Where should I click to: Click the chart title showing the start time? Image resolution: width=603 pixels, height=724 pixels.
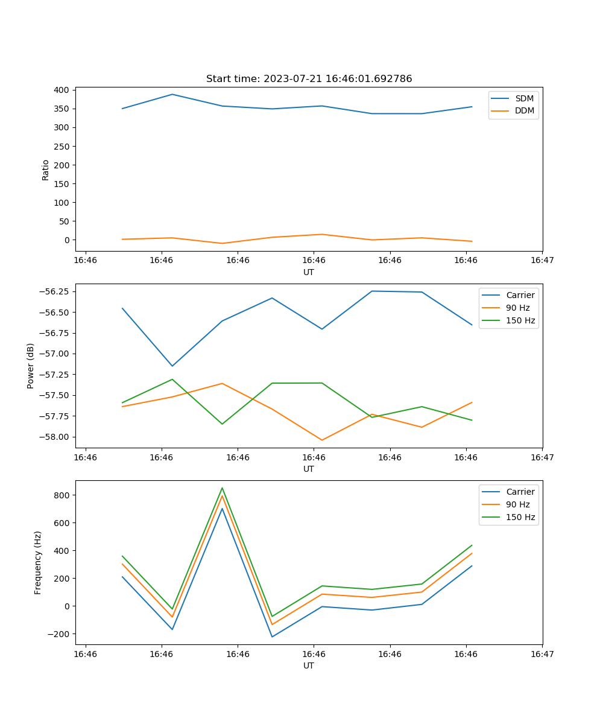309,79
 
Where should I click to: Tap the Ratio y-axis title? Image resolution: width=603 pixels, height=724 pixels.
46,170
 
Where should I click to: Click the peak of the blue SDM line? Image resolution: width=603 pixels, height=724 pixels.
172,94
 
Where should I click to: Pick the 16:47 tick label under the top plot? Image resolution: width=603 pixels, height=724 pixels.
541,260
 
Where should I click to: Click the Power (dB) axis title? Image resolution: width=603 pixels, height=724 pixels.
31,366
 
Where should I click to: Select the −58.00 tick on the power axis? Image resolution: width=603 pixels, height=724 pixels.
54,437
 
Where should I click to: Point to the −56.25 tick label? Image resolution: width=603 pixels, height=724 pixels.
54,291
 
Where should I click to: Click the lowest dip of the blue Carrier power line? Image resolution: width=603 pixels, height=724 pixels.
172,366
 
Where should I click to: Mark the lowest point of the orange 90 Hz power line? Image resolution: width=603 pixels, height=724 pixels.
322,440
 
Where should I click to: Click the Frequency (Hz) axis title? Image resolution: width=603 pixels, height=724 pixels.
38,562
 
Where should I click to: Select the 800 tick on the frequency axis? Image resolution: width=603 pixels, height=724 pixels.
62,495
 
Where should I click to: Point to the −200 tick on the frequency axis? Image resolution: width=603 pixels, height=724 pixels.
59,634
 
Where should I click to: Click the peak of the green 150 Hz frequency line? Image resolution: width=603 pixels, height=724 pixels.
222,487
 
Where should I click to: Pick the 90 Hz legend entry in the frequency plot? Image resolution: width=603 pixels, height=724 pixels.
518,504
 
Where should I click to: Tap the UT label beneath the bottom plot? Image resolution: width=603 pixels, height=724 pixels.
309,665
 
